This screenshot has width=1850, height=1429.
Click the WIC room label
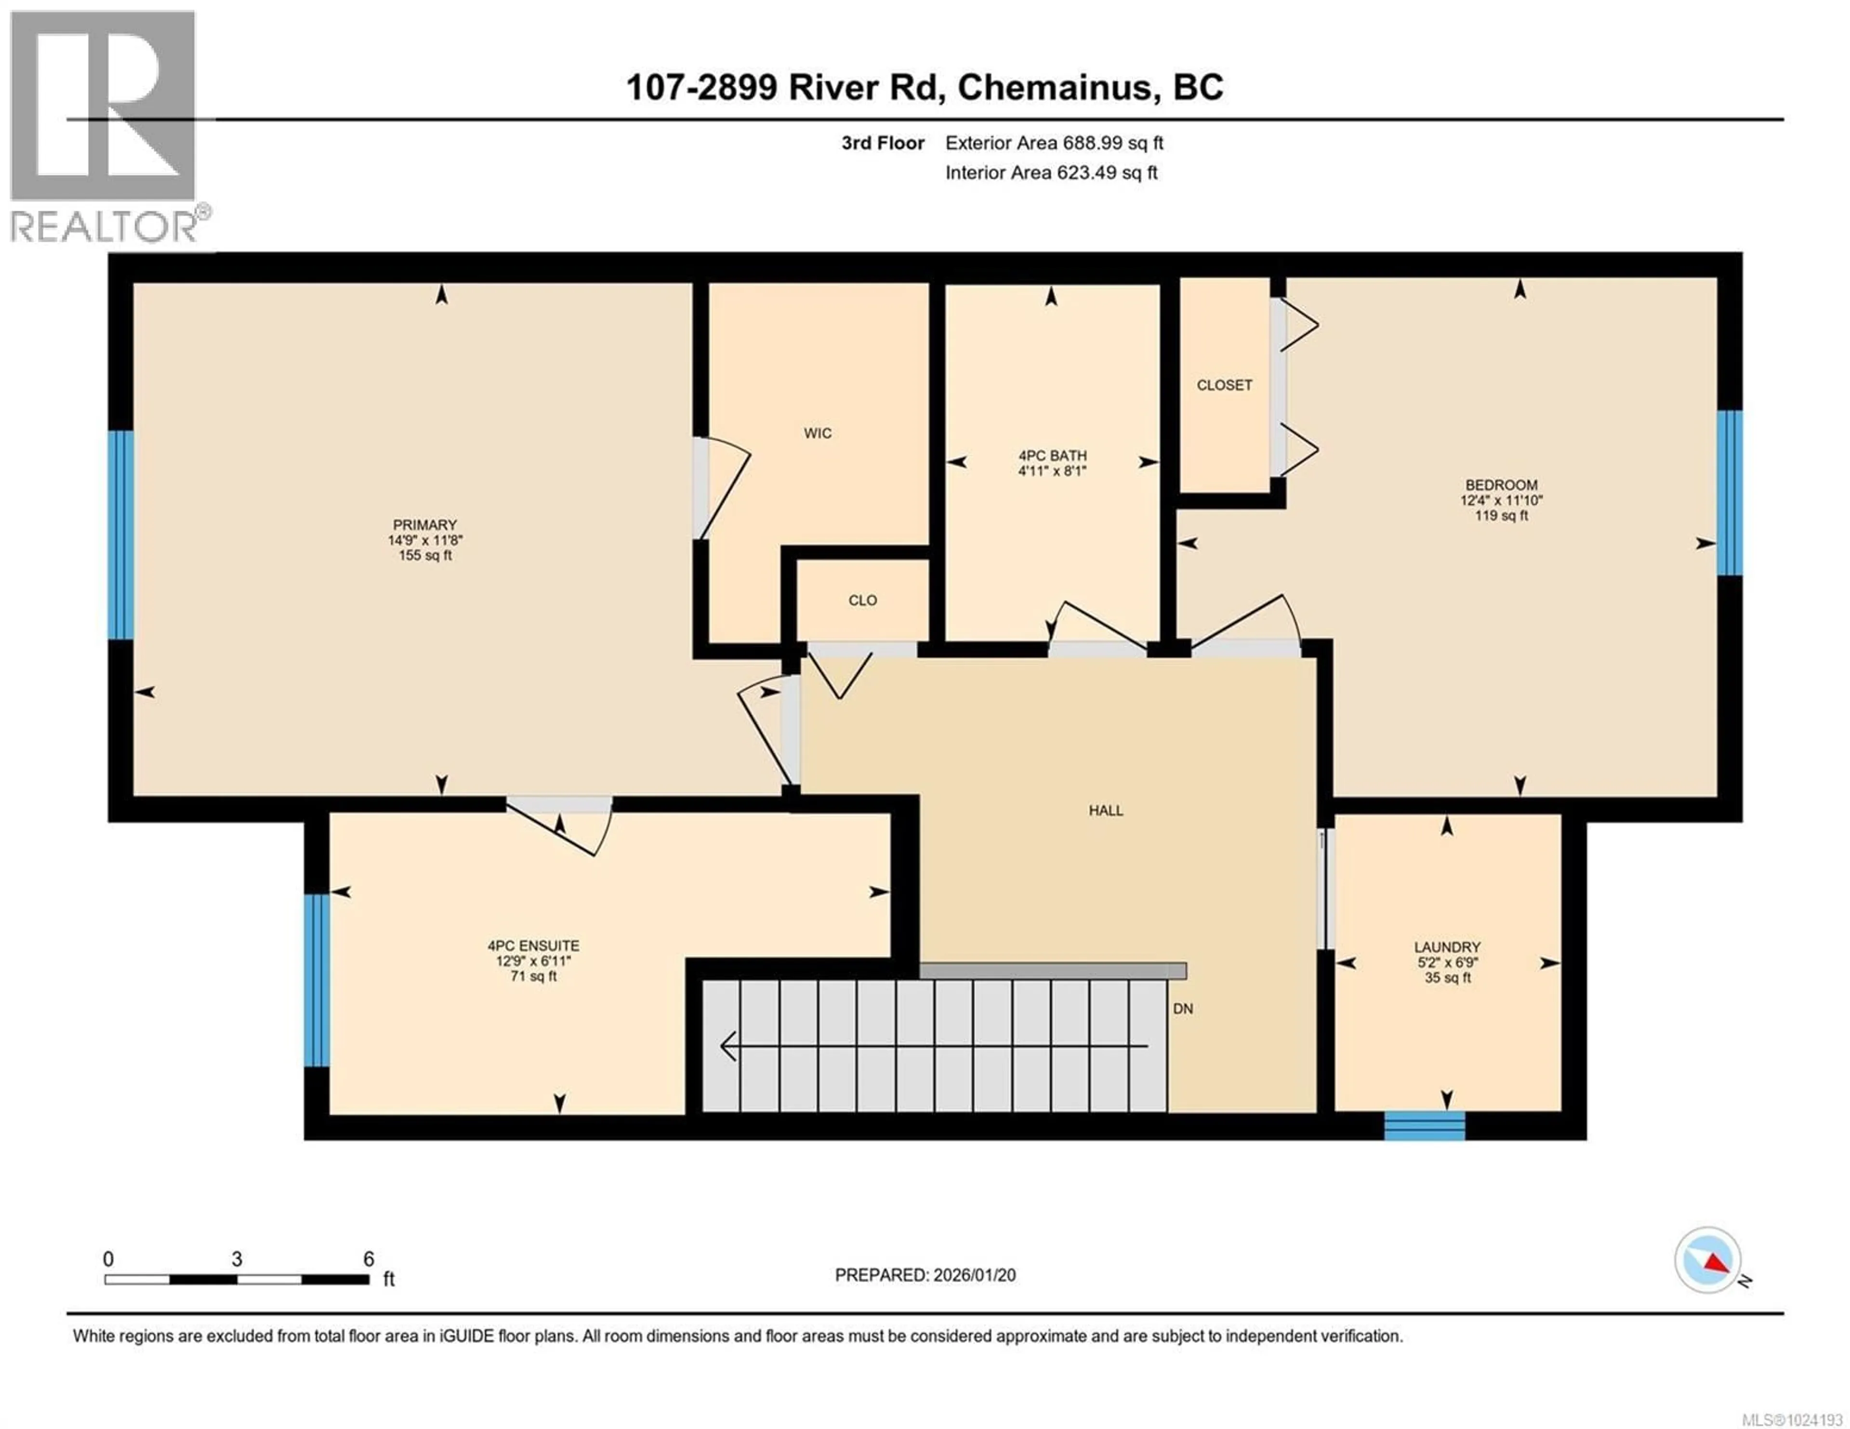(x=818, y=433)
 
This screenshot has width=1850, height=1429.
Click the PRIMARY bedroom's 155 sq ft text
(x=425, y=556)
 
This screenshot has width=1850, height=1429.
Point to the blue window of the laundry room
(x=1424, y=1125)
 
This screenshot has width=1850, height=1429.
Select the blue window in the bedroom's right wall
(x=1729, y=493)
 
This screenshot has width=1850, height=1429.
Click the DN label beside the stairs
(x=1183, y=1009)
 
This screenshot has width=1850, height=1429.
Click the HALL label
(x=1106, y=811)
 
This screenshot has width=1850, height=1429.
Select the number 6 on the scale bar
(x=369, y=1259)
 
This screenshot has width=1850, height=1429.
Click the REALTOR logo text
(x=104, y=226)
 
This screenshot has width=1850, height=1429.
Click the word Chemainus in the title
(x=1055, y=87)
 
